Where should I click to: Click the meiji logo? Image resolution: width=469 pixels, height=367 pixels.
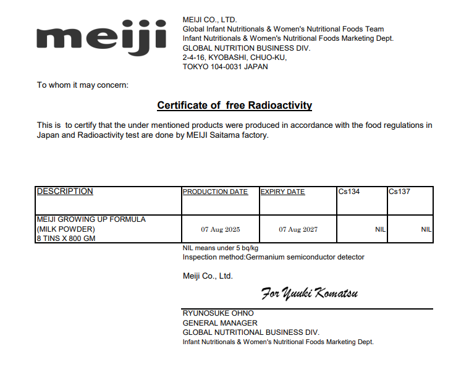[x=101, y=38]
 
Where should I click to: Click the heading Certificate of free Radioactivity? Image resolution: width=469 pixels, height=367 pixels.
[x=234, y=106]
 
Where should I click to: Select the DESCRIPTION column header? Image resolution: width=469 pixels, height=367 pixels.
[x=65, y=192]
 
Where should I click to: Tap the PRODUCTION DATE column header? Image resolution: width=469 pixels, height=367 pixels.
[x=215, y=192]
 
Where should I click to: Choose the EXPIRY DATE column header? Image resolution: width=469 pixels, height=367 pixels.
[x=282, y=192]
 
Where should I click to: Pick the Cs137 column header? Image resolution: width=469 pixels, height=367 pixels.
[x=399, y=192]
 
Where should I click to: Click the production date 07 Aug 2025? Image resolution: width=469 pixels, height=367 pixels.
[x=220, y=229]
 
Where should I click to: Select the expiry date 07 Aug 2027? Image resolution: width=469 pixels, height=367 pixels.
[x=298, y=229]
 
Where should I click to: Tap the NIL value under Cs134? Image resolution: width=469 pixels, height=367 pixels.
[x=380, y=229]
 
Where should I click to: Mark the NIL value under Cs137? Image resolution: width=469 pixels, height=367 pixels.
[x=426, y=229]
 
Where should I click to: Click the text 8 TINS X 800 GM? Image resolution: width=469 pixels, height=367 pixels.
[x=65, y=238]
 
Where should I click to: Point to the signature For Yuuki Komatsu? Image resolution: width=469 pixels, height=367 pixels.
[x=309, y=293]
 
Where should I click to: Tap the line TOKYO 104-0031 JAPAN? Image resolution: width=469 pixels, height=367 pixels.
[x=225, y=67]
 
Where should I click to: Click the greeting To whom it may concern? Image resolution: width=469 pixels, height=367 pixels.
[x=83, y=85]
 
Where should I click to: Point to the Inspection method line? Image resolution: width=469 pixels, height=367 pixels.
[x=273, y=257]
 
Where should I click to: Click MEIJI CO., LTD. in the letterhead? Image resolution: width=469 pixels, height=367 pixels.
[x=209, y=20]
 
